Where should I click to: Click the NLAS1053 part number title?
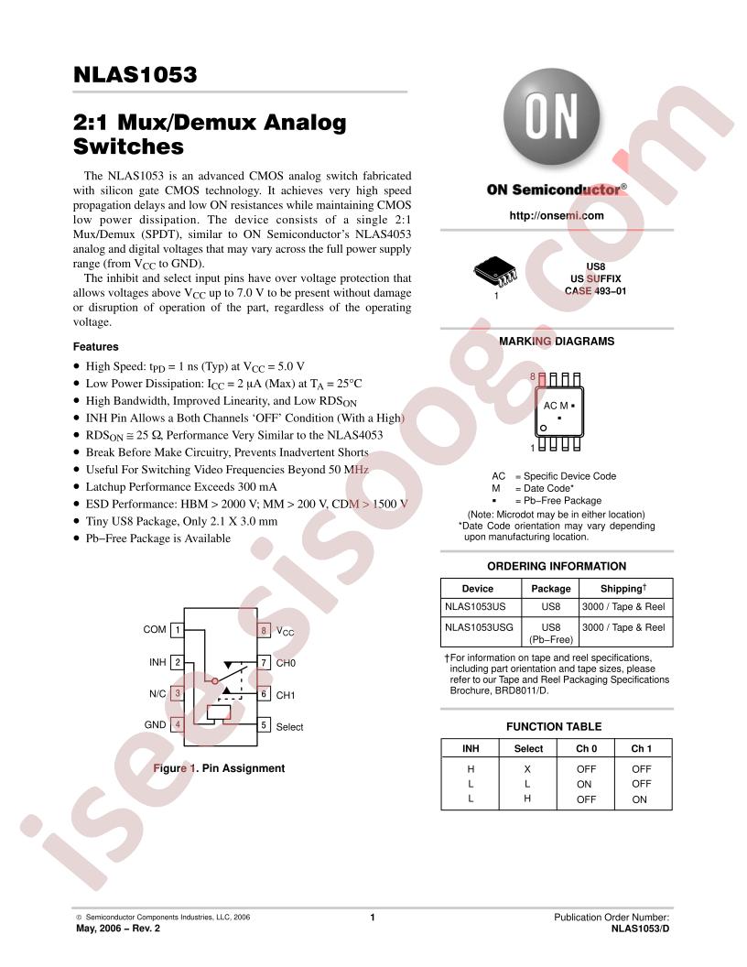coord(135,74)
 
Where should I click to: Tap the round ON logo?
coord(552,116)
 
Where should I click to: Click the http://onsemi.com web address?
coord(557,215)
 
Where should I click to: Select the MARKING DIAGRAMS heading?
coord(557,341)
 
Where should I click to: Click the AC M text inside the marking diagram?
coord(556,406)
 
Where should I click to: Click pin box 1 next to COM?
coord(178,630)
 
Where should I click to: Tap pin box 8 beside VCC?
coord(263,630)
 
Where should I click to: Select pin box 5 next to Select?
coord(263,724)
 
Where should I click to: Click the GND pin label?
coord(155,724)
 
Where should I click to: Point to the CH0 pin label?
coord(286,663)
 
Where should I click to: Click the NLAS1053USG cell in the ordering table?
coord(479,627)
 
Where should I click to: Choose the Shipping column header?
coord(623,588)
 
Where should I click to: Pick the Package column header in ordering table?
coord(551,588)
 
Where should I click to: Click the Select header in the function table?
coord(528,749)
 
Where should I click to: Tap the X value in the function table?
coord(527,769)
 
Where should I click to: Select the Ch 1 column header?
coord(641,749)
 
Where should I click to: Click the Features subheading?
coord(95,346)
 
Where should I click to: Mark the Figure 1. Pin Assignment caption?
coord(219,767)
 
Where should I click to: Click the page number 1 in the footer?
coord(373,917)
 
